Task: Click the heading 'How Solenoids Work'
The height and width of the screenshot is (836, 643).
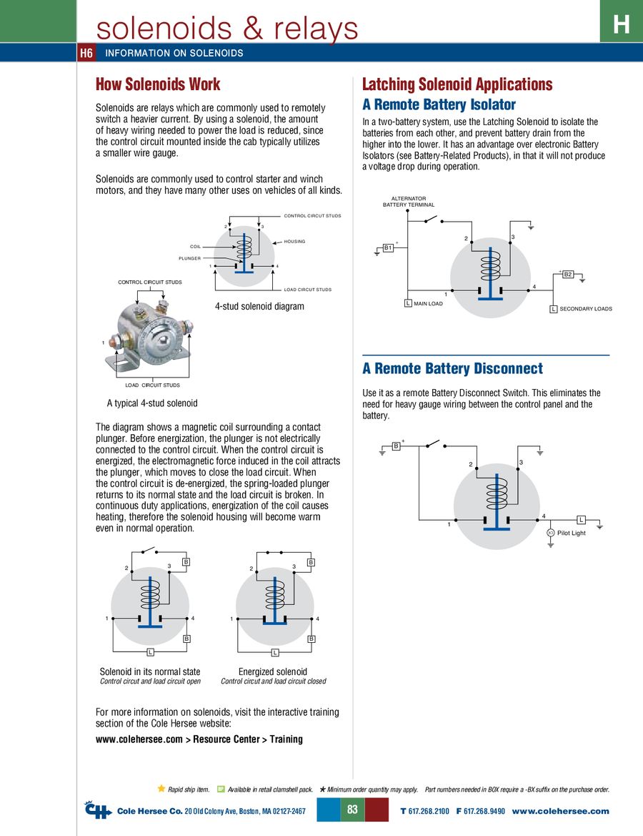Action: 158,84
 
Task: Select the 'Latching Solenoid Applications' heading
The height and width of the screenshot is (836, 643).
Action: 457,84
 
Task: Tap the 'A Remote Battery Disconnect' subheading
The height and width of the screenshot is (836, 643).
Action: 452,369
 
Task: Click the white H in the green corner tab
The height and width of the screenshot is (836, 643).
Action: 621,25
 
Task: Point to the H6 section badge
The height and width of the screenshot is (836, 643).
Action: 86,53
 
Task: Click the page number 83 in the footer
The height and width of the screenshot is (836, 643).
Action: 352,810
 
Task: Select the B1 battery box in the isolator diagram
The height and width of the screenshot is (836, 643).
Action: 389,247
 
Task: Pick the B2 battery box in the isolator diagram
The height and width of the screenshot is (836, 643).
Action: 568,275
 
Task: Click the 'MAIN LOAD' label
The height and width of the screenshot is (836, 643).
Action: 429,304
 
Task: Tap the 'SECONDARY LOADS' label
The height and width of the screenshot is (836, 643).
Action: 585,309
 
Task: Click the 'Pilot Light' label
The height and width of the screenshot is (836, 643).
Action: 571,533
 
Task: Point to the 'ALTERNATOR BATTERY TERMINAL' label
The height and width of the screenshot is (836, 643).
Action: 409,202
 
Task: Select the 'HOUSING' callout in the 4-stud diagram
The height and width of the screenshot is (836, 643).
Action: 294,242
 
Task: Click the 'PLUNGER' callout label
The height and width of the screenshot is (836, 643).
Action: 189,258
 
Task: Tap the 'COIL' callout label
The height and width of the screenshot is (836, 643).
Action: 195,246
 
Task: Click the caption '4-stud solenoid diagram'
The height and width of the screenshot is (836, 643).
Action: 259,307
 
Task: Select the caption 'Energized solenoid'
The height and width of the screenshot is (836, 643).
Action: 273,672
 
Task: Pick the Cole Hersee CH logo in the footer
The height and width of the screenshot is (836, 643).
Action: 98,810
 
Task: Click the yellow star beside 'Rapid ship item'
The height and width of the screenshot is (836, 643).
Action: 161,789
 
